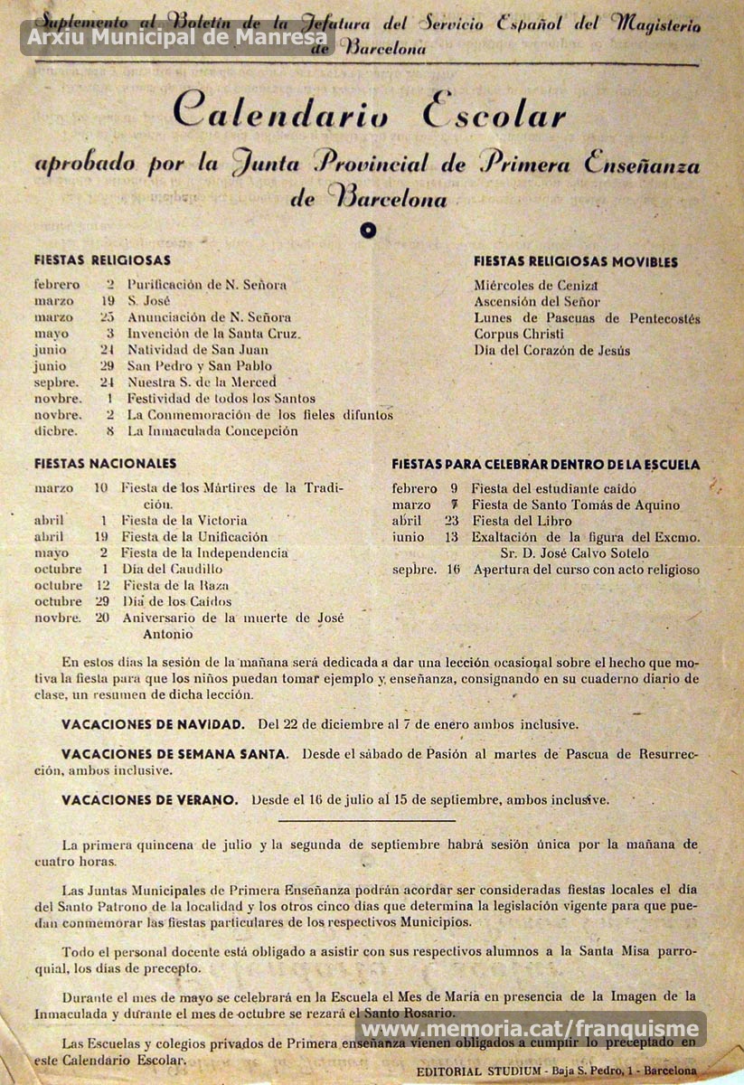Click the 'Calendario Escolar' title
point(370,114)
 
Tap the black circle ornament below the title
point(367,230)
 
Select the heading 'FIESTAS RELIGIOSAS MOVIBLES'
point(575,262)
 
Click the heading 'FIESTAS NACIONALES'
point(105,464)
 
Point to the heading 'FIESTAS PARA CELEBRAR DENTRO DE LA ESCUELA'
point(545,465)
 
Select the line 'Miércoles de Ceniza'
point(537,286)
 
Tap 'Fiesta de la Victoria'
point(184,521)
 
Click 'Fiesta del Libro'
point(521,522)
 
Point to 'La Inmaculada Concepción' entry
point(212,431)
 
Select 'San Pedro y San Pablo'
point(194,366)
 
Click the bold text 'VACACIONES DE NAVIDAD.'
point(153,724)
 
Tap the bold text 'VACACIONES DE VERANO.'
point(150,799)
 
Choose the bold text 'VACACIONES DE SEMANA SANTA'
point(174,753)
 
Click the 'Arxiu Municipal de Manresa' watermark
point(177,38)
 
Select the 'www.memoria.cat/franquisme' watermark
point(530,1028)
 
